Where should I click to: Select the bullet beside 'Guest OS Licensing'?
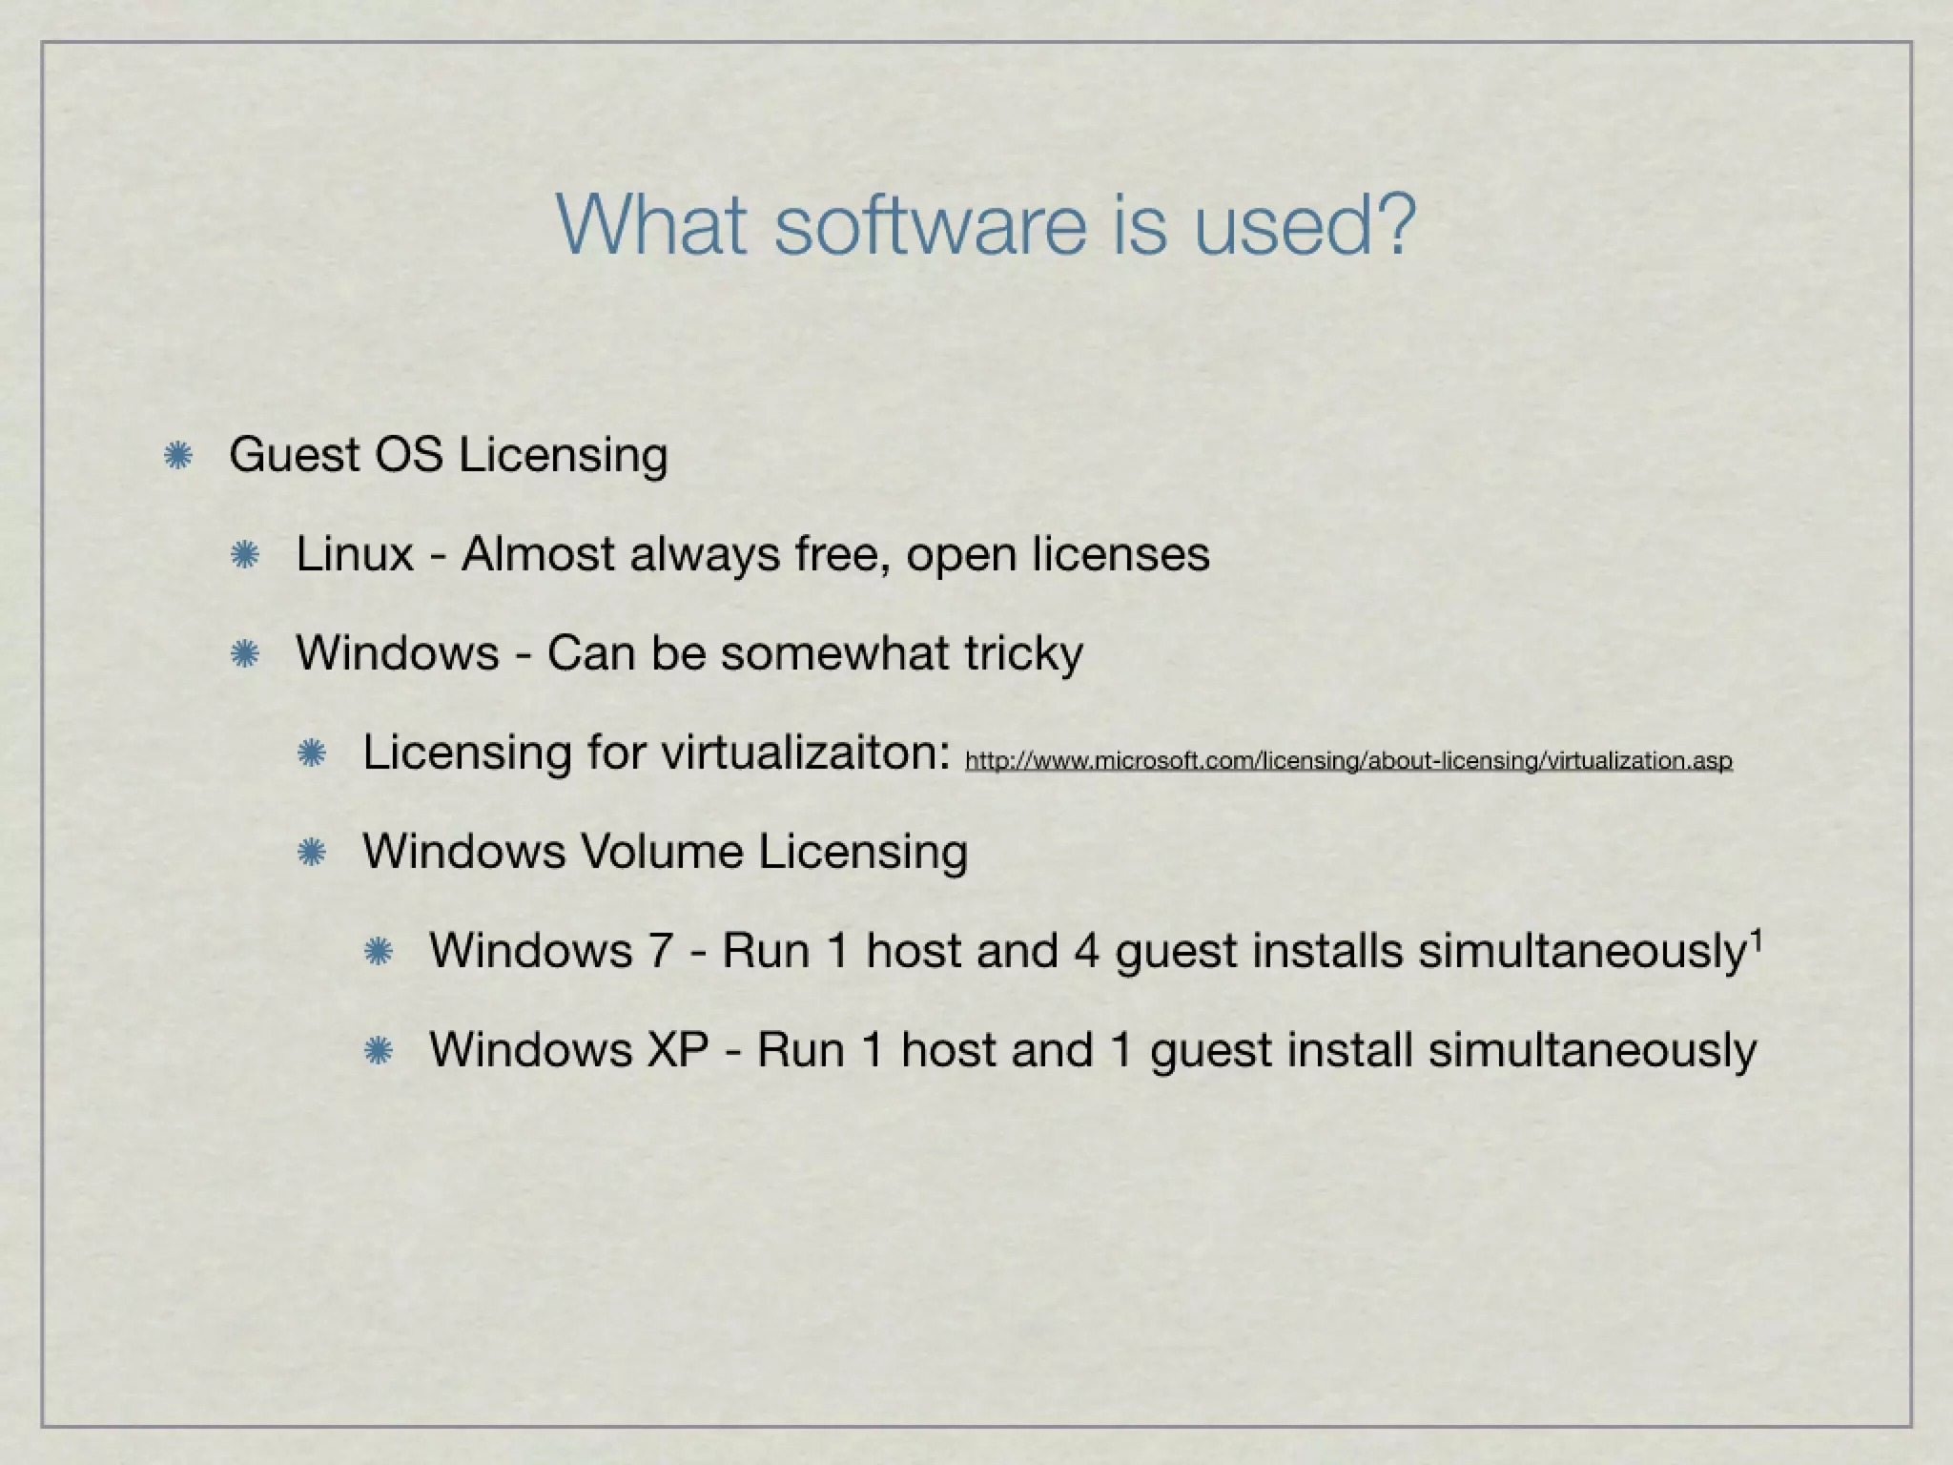(x=178, y=456)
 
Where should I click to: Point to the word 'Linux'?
(x=354, y=554)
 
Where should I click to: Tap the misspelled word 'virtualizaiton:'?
(x=807, y=753)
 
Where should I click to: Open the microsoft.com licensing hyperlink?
(x=1348, y=761)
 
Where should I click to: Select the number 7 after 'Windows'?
(x=661, y=951)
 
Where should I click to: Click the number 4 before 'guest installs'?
(x=1087, y=951)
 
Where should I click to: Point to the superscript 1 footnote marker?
(x=1756, y=939)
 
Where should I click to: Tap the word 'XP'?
(x=678, y=1050)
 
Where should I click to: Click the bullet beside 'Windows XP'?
(x=379, y=1051)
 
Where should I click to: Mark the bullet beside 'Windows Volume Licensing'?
(x=312, y=853)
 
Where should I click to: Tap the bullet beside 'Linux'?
(x=245, y=555)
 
